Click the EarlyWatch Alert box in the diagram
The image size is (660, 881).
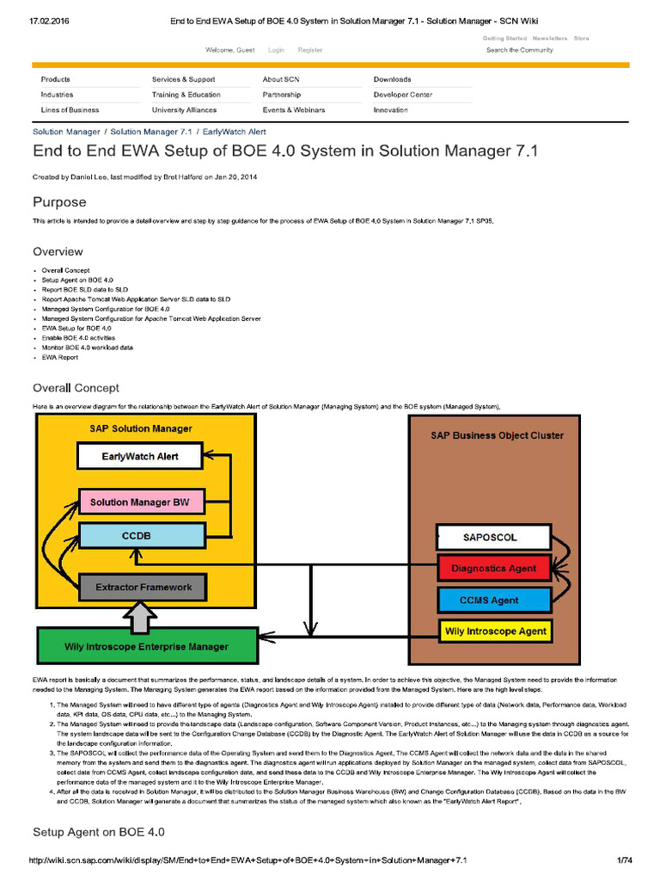(x=139, y=456)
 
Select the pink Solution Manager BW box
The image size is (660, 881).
(x=140, y=502)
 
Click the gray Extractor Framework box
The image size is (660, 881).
(x=143, y=587)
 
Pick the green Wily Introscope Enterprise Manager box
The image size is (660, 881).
(x=146, y=646)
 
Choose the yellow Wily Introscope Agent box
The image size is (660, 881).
(x=495, y=631)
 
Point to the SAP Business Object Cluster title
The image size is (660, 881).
(x=497, y=435)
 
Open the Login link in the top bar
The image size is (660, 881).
(x=276, y=50)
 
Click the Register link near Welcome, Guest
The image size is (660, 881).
(x=310, y=50)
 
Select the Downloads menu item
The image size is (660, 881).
(x=392, y=79)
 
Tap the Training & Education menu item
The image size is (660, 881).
(x=186, y=95)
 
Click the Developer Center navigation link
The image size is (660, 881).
(x=402, y=95)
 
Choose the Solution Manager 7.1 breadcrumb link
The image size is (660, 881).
(x=150, y=132)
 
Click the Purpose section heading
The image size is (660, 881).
(x=59, y=202)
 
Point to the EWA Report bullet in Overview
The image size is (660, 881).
(x=60, y=356)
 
